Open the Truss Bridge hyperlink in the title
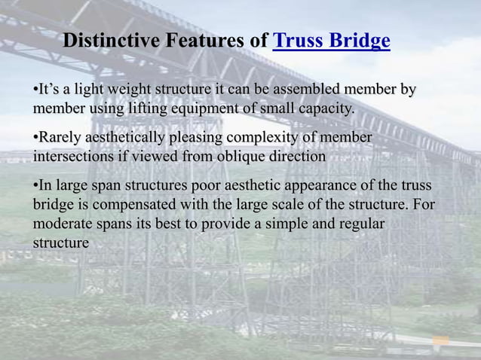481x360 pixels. point(332,40)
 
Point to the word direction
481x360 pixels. point(299,157)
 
